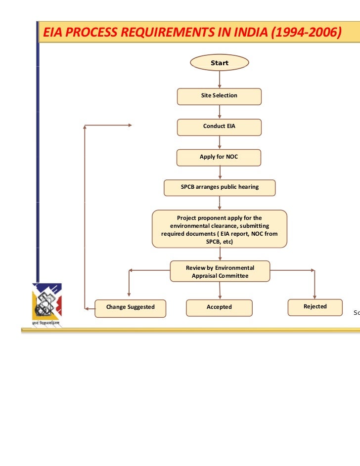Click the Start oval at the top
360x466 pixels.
tap(220, 63)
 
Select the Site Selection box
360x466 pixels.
tap(219, 96)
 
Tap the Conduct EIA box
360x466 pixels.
tap(219, 127)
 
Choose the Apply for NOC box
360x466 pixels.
tap(219, 157)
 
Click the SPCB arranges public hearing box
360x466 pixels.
tap(220, 187)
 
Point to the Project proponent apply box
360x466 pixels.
tap(220, 228)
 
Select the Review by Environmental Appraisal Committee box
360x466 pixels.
tap(220, 272)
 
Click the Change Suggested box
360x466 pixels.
tap(130, 307)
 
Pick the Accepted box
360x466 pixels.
tap(219, 307)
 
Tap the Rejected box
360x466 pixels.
tap(315, 307)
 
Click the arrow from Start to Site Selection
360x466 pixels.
tap(220, 80)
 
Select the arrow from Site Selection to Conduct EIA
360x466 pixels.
tap(220, 112)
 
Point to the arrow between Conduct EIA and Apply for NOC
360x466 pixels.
tap(220, 142)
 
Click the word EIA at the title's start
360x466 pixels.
tap(52, 33)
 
